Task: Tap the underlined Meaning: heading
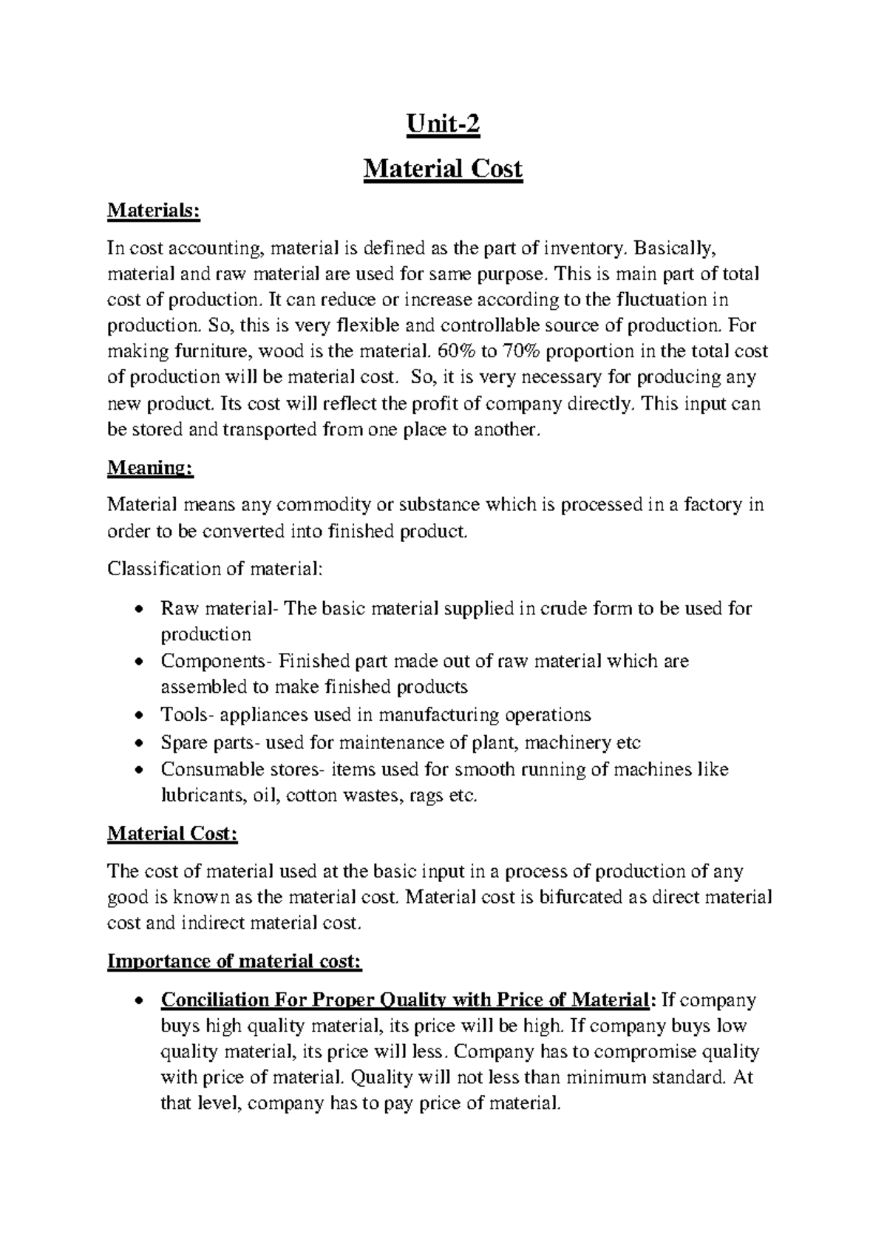point(150,467)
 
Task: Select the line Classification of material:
point(215,569)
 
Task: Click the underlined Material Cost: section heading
point(172,834)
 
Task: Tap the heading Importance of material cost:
point(234,961)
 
